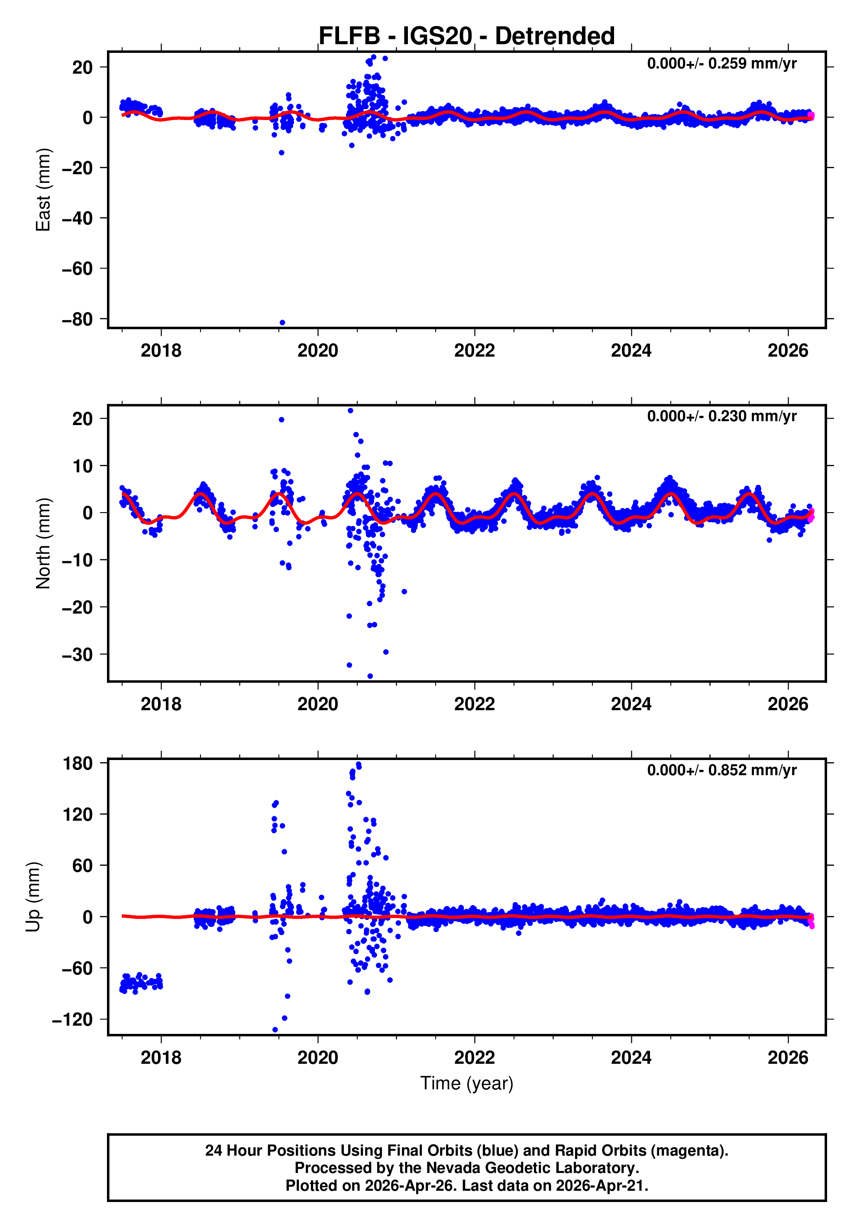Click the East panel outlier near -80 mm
tap(282, 322)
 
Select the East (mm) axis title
tap(43, 190)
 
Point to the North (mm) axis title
tap(43, 543)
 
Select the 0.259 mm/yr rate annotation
tap(721, 64)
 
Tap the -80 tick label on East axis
tap(78, 319)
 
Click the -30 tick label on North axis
tap(78, 655)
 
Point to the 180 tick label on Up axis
tap(78, 764)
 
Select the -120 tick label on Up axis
tap(73, 1020)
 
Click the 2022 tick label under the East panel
tap(474, 351)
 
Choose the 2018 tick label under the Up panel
tap(161, 1058)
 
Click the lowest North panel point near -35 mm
tap(370, 676)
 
